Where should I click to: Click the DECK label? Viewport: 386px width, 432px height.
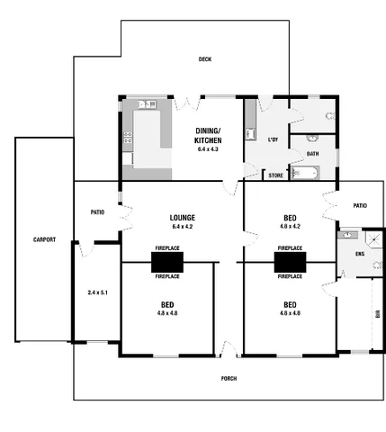[204, 59]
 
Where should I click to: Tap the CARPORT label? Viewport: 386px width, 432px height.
[44, 240]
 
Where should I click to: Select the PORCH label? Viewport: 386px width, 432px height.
[229, 378]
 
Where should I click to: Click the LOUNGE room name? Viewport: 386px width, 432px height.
[183, 218]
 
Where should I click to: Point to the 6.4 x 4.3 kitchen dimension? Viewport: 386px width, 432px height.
[208, 148]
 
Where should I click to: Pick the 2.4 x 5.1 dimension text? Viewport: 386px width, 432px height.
[96, 292]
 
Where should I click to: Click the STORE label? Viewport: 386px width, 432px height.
[276, 175]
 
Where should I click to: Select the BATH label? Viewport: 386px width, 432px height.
[312, 154]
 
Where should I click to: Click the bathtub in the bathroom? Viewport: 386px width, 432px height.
[310, 174]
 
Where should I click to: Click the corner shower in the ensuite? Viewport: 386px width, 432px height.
[347, 237]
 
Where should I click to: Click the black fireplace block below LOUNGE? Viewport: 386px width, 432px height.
[167, 261]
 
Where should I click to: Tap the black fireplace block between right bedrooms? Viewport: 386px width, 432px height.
[290, 261]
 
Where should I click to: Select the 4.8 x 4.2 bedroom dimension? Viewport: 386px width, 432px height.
[290, 227]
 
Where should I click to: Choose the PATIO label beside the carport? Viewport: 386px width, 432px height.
[98, 212]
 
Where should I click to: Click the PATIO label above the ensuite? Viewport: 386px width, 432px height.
[359, 206]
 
